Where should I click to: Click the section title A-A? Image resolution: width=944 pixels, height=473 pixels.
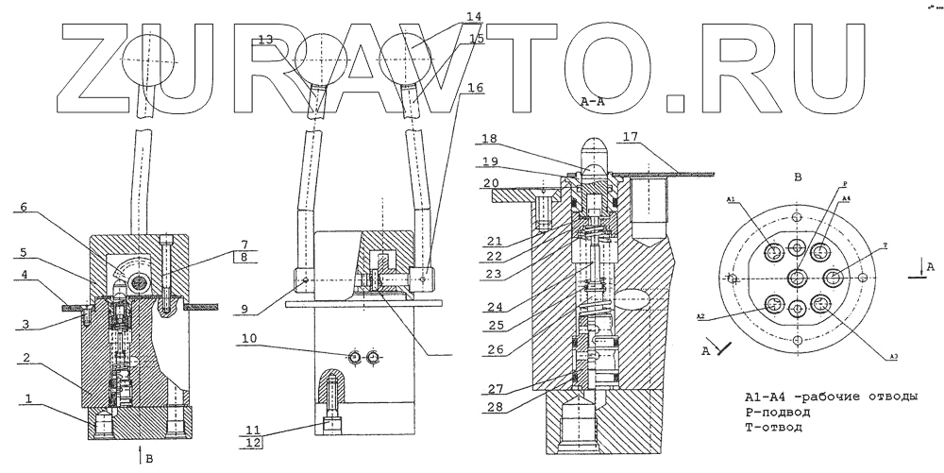tap(594, 100)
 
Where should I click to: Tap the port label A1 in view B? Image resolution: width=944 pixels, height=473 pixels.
tap(732, 200)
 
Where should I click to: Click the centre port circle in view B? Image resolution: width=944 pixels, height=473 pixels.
tap(797, 278)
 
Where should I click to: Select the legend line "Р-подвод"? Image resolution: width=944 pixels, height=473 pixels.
tap(778, 412)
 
